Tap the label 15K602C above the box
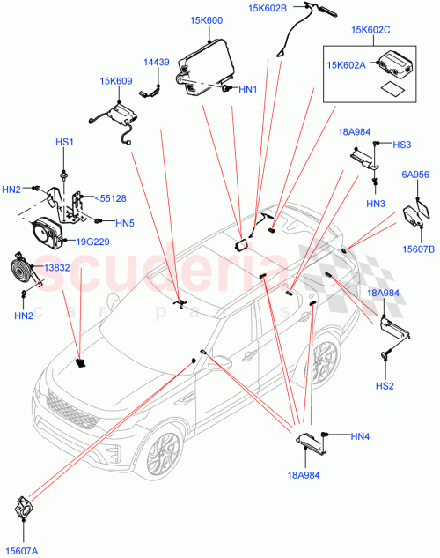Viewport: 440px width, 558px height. [370, 31]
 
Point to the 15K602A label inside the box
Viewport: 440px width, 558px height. [348, 63]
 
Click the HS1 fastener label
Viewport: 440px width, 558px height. [66, 142]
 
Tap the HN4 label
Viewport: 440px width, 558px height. [361, 435]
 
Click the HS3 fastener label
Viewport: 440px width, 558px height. [401, 145]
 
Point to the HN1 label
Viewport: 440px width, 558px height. [247, 89]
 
